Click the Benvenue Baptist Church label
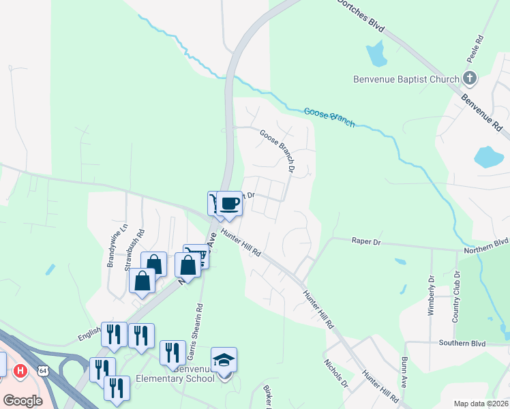[x=406, y=79]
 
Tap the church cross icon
[x=470, y=78]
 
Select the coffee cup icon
[x=230, y=203]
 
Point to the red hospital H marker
[x=21, y=371]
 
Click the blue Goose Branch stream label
[x=329, y=117]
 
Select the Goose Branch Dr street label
[x=277, y=150]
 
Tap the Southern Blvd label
[x=462, y=343]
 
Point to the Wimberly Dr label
[x=431, y=295]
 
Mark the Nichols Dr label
[x=335, y=374]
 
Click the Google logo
[x=22, y=400]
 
